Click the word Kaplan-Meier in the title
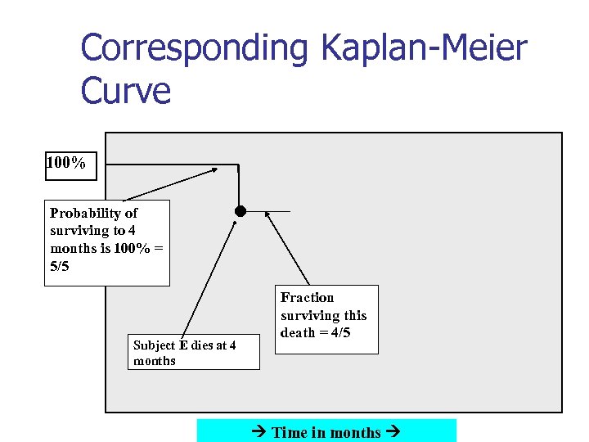(x=424, y=48)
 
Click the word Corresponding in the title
(x=195, y=48)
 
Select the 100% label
(x=66, y=164)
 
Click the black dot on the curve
(x=240, y=211)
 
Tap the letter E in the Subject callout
(x=182, y=345)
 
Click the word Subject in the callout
(x=154, y=345)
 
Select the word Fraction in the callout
(x=308, y=297)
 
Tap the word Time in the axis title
(x=290, y=432)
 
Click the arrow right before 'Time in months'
(x=262, y=432)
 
